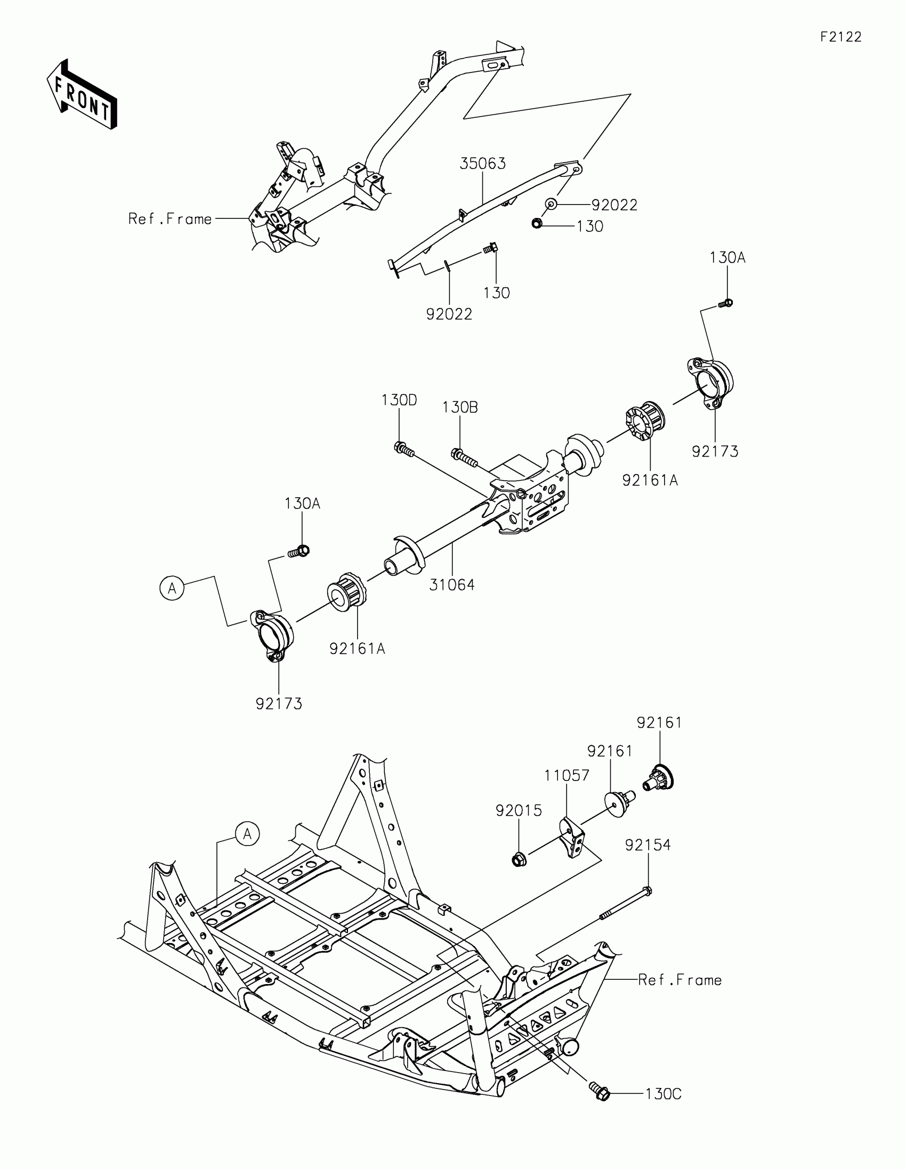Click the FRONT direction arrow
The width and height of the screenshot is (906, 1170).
(82, 95)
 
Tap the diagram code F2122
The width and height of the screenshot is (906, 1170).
(840, 37)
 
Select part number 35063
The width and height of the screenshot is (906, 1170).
(482, 164)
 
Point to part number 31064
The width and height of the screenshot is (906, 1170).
(451, 585)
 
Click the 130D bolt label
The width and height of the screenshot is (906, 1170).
(399, 400)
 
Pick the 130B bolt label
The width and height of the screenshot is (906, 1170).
(460, 407)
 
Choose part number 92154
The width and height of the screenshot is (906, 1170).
(647, 845)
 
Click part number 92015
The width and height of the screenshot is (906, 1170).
(518, 810)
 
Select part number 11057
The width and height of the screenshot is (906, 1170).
(567, 775)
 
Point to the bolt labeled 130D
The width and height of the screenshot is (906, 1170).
(403, 449)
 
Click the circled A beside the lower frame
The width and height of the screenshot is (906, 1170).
(247, 834)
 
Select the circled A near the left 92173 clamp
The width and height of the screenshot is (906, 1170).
(172, 588)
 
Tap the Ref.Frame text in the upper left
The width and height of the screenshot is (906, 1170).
(170, 218)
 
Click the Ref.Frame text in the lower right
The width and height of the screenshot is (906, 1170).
(679, 980)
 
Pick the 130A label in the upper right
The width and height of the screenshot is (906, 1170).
(727, 258)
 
